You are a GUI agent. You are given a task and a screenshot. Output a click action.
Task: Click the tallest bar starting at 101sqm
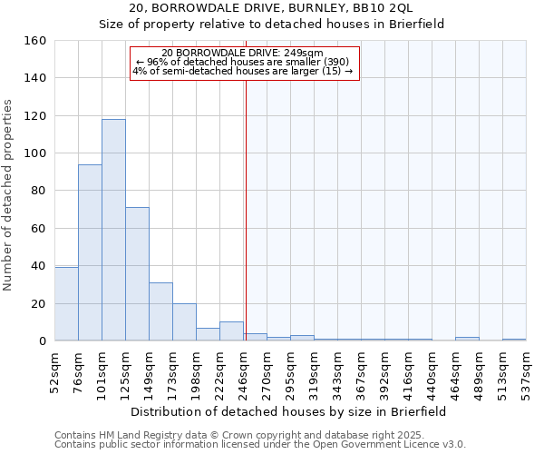point(113,230)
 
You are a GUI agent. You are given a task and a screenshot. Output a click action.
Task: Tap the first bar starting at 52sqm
point(66,304)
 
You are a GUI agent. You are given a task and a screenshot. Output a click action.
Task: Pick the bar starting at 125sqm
point(137,274)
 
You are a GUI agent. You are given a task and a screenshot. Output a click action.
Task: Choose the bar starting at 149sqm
point(160,311)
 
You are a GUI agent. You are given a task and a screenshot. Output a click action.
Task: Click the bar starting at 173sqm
point(184,322)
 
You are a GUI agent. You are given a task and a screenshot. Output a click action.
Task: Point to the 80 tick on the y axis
point(37,191)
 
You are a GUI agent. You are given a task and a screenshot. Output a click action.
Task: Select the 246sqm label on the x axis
point(244,370)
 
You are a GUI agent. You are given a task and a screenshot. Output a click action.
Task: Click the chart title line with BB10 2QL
point(271,8)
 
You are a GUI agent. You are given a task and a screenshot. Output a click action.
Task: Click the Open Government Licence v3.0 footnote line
point(260,445)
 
